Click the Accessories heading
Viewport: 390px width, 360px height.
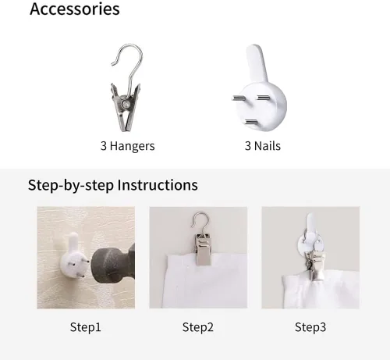(75, 9)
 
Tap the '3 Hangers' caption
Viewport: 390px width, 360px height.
(128, 146)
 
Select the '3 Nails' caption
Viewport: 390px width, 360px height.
(263, 146)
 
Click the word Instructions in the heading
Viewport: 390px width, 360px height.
(158, 185)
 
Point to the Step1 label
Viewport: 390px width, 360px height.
(85, 327)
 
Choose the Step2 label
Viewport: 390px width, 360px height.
(198, 327)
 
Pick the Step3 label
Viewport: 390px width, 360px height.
(310, 327)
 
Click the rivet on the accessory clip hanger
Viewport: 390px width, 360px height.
(126, 105)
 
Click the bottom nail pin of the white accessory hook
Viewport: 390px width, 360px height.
(251, 122)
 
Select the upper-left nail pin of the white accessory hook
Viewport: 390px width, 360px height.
(238, 98)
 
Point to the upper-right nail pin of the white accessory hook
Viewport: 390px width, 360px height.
(264, 98)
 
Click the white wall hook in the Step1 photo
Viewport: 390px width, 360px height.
(73, 255)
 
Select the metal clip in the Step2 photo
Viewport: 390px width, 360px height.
(204, 249)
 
